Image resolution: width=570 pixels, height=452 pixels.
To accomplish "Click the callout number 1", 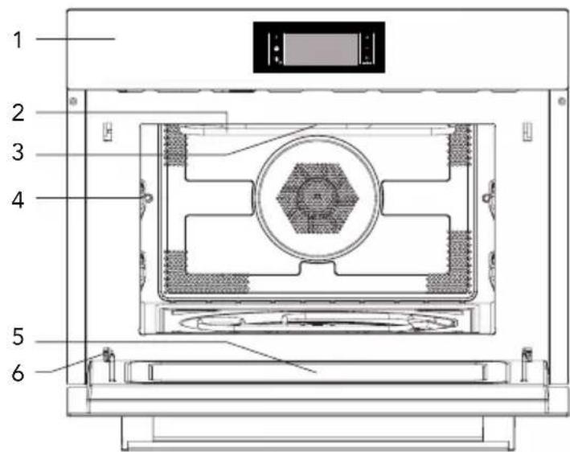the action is point(18,39).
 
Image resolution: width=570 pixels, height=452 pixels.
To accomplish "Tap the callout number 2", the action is point(18,113).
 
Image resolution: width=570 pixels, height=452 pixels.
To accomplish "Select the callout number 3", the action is point(18,152).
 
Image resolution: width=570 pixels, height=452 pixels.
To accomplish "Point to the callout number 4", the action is point(18,199).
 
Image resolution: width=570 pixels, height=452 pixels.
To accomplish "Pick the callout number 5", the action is point(18,337).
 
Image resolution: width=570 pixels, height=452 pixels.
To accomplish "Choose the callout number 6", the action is point(18,373).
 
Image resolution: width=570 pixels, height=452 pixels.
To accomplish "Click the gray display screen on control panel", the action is point(321,49).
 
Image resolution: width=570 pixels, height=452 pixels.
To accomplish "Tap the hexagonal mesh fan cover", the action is point(318,198).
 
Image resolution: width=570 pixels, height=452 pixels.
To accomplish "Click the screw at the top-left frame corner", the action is point(73,101).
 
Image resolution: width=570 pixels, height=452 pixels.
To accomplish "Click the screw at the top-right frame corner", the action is point(562,101).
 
